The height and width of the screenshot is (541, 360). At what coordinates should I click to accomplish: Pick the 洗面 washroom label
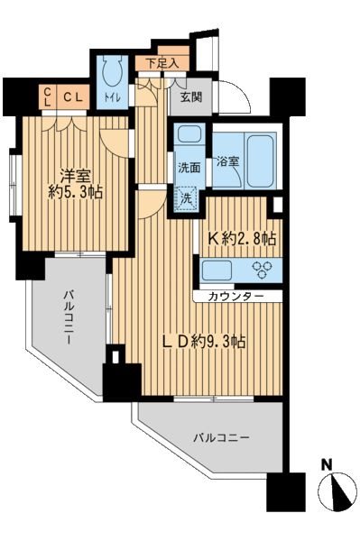188,168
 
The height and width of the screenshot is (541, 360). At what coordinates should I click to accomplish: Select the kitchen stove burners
265,268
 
